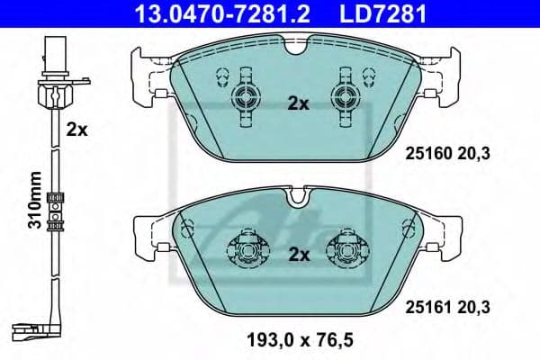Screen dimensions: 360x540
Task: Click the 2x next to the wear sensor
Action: point(76,129)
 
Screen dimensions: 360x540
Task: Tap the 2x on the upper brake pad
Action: point(297,103)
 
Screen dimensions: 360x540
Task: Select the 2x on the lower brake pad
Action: point(297,255)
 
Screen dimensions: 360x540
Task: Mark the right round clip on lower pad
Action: point(346,247)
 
